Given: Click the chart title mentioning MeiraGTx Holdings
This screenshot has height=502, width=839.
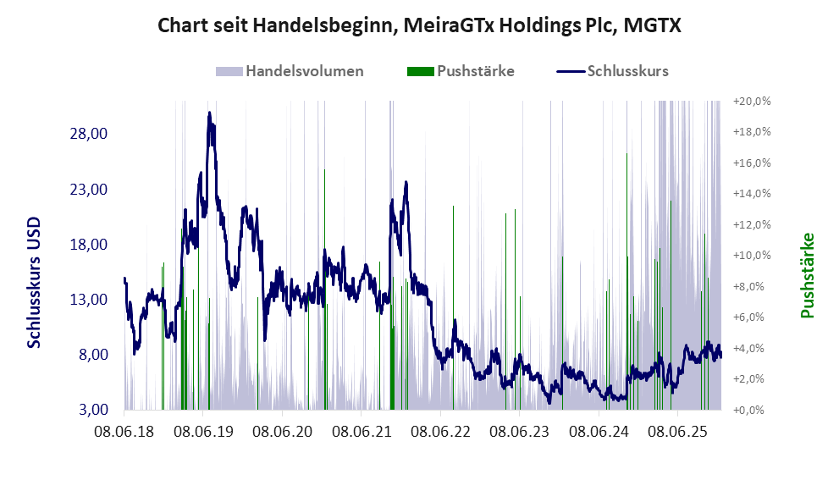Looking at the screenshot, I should click(419, 26).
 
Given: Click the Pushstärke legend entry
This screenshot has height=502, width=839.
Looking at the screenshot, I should click(475, 71).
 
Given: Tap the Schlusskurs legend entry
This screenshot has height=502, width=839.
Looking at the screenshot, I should click(627, 71).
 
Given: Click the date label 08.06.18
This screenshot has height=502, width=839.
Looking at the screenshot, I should click(124, 433).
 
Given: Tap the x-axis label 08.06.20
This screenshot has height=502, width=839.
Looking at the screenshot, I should click(284, 433).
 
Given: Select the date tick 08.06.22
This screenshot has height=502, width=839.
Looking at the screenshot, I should click(442, 433).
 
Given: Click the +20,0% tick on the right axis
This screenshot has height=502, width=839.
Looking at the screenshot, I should click(751, 101).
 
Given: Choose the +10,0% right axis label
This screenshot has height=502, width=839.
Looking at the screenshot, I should click(751, 255).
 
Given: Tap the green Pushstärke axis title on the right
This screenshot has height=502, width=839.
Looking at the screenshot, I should click(807, 275).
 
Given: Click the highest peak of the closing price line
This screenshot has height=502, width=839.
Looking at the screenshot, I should click(209, 113).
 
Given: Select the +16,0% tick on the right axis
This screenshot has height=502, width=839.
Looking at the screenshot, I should click(751, 163).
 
